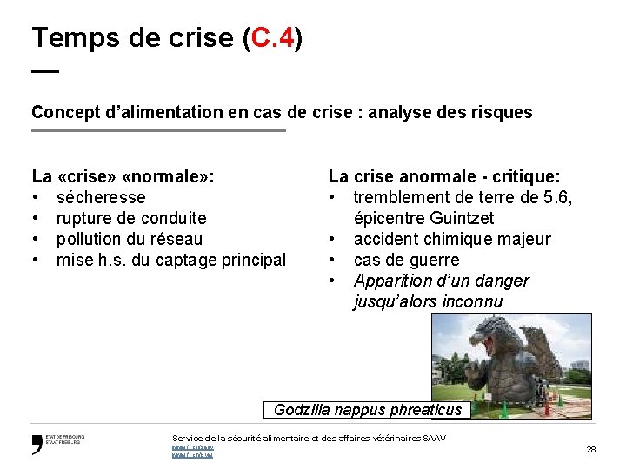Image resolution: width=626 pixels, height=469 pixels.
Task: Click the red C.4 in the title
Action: click(271, 37)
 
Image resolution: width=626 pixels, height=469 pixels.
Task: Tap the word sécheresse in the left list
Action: click(101, 197)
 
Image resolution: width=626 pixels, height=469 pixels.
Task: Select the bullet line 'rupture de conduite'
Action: click(130, 218)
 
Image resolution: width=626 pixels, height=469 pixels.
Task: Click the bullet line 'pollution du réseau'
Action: click(129, 239)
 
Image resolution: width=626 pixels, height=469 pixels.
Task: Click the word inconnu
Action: click(469, 301)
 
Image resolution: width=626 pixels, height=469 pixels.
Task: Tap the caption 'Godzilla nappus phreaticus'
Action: click(367, 410)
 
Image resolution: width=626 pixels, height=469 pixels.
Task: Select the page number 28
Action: click(590, 449)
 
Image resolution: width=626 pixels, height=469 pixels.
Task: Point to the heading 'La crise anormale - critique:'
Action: click(444, 176)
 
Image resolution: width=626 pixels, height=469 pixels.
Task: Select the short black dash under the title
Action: click(45, 71)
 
